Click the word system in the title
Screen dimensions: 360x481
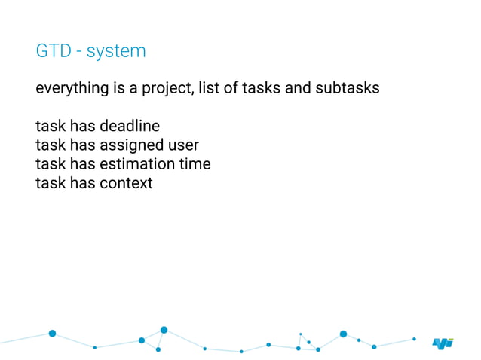pyautogui.click(x=116, y=53)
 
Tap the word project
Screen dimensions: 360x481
pyautogui.click(x=170, y=89)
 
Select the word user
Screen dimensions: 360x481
pyautogui.click(x=183, y=145)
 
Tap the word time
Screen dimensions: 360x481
pyautogui.click(x=195, y=163)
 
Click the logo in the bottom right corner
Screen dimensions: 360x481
pyautogui.click(x=443, y=343)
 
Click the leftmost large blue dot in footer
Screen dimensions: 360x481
pyautogui.click(x=52, y=333)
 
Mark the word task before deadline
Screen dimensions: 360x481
pyautogui.click(x=50, y=125)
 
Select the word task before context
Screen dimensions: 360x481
pyautogui.click(x=50, y=182)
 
